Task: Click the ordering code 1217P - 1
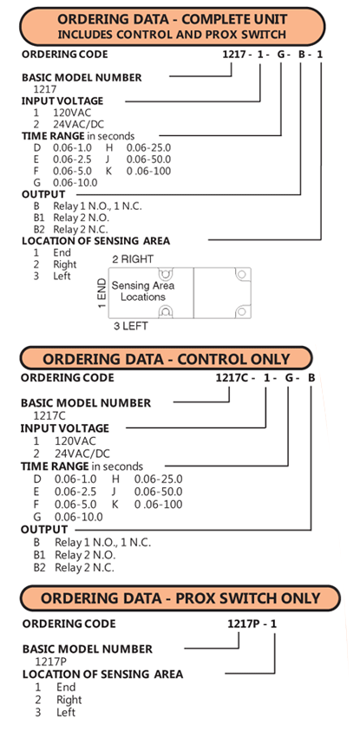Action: (x=252, y=623)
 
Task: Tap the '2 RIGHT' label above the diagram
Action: (x=133, y=259)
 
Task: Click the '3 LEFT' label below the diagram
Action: (x=130, y=326)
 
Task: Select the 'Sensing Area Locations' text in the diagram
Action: (x=143, y=291)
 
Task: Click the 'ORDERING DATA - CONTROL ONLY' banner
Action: (x=166, y=359)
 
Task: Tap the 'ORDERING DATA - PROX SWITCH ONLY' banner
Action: (x=180, y=598)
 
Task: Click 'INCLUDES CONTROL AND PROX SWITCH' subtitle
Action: (x=172, y=35)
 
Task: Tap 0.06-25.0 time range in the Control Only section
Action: (x=159, y=479)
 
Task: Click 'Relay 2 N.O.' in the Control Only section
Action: (x=85, y=555)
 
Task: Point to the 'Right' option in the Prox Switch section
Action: (x=69, y=700)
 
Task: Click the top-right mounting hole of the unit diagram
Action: (x=241, y=274)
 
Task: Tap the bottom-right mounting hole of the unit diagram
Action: (x=241, y=311)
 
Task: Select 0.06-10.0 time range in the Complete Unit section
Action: (x=75, y=182)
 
